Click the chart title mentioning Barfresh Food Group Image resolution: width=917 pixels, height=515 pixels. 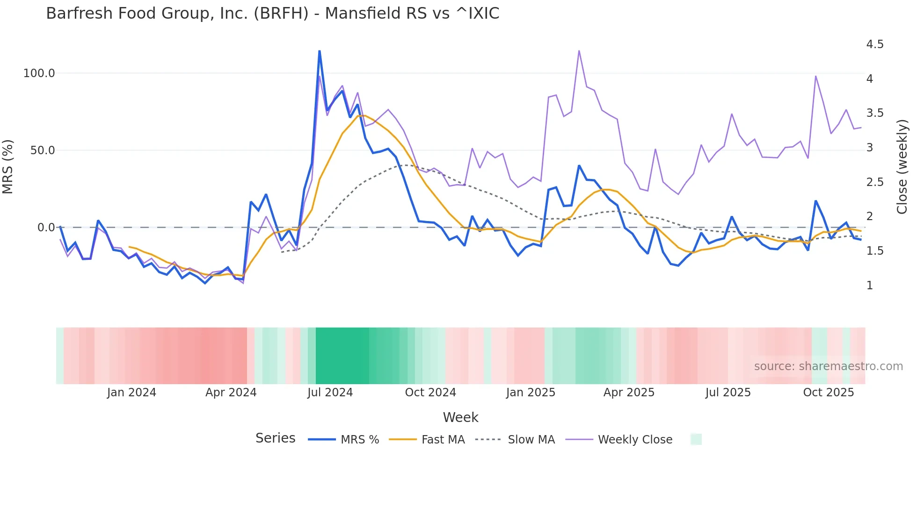[272, 14]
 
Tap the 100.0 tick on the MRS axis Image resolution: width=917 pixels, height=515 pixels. [39, 73]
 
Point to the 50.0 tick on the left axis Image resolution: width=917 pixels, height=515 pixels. [42, 150]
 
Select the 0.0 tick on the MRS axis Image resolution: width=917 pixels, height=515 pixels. [46, 228]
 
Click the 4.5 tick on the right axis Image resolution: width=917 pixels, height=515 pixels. [874, 44]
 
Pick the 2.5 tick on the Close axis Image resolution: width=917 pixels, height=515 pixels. [874, 182]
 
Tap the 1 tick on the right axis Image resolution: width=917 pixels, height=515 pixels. [869, 286]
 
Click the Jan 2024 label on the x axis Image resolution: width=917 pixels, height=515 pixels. [131, 393]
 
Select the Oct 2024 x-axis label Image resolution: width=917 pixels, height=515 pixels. [430, 393]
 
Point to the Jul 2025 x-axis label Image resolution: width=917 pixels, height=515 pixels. [728, 393]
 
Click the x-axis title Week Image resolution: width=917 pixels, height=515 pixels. [460, 417]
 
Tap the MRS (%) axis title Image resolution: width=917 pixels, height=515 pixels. [8, 167]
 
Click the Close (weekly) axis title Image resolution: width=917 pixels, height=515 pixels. [902, 167]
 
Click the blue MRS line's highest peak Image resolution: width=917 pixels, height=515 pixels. [320, 51]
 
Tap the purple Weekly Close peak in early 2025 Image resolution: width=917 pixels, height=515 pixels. [579, 51]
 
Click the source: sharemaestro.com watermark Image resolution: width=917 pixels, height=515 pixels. [828, 366]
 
